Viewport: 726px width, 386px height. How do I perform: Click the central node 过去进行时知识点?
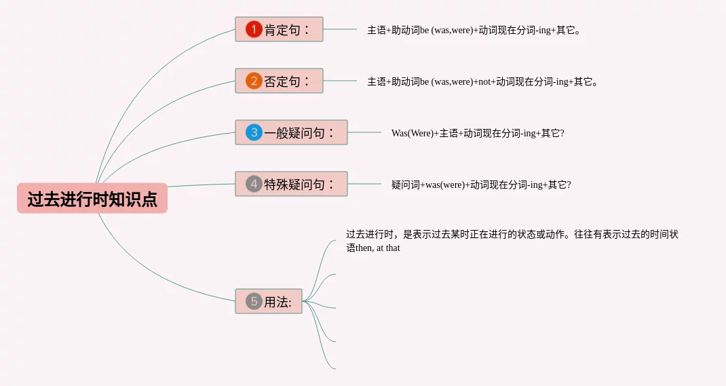click(92, 199)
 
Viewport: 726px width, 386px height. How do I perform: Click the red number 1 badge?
click(254, 29)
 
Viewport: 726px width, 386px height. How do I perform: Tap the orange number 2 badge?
click(254, 81)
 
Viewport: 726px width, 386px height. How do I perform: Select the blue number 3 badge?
click(254, 132)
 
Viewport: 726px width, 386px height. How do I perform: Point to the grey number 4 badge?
click(254, 184)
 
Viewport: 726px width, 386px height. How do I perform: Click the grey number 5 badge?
click(254, 301)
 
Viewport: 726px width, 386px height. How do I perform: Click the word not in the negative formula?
click(484, 82)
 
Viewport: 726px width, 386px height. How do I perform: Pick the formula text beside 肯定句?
click(474, 30)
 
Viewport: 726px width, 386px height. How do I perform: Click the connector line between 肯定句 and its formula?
click(340, 29)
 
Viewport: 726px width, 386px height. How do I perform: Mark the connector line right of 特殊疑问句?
click(364, 184)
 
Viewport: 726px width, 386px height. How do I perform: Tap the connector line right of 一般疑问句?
click(364, 132)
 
